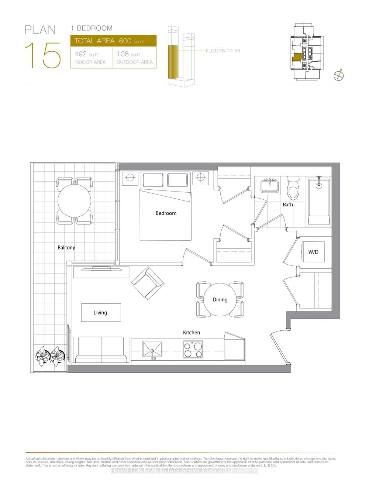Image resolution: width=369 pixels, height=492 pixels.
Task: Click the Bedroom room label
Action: pos(166,213)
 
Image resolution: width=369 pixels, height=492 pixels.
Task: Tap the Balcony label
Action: pos(66,248)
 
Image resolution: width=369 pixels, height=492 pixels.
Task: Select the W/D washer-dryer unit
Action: pos(313,252)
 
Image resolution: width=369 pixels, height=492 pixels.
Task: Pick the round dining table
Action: pos(220,299)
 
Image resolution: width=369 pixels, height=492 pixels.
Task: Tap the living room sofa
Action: pos(101,350)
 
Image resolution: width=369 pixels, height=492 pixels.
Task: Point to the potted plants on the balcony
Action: pos(51,356)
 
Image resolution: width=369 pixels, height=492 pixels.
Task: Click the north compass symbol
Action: pos(339,76)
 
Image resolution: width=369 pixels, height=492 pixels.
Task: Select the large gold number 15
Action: pos(43,56)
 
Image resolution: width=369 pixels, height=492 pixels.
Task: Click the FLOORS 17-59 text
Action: pos(223,51)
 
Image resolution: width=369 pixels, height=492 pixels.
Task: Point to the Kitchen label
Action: pos(192,333)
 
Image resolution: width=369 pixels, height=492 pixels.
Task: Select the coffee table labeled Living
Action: pos(101,312)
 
